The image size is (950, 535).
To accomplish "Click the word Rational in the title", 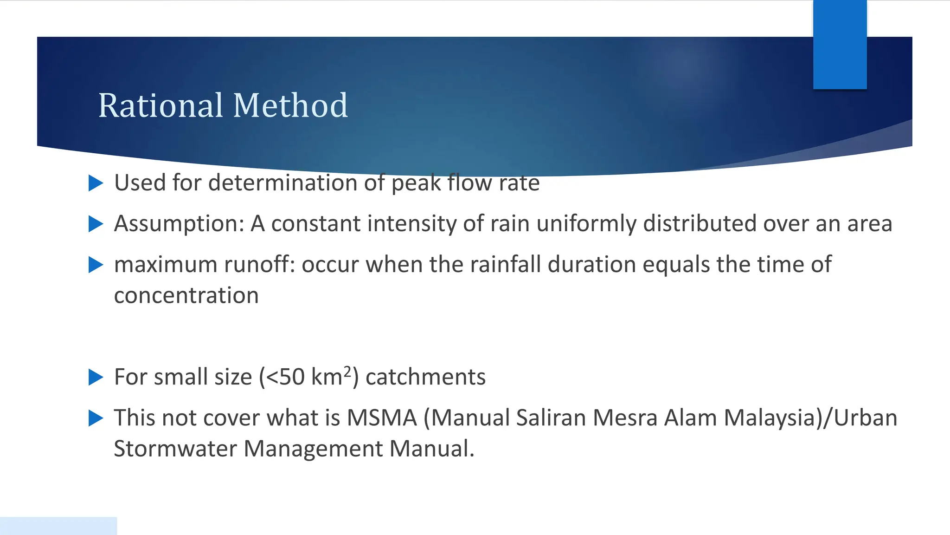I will click(160, 106).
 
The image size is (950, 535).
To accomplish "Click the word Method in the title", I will click(290, 106).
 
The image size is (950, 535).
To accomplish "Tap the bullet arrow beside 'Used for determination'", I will click(96, 183).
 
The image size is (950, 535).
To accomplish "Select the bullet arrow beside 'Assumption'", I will click(96, 224).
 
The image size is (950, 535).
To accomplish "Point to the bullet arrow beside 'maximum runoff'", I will click(96, 265).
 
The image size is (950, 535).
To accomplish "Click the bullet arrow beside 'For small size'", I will click(96, 377).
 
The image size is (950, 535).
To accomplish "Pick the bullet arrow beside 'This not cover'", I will click(96, 418).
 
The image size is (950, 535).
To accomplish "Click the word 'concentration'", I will click(186, 296).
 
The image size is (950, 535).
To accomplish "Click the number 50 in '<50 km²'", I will click(292, 377).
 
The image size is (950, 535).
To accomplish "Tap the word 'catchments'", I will click(425, 377).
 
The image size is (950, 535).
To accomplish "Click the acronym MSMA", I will click(382, 418).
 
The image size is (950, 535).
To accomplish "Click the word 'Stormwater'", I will click(175, 449).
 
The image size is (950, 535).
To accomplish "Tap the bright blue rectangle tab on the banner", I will click(840, 45).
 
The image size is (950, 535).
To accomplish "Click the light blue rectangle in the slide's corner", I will click(58, 526).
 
